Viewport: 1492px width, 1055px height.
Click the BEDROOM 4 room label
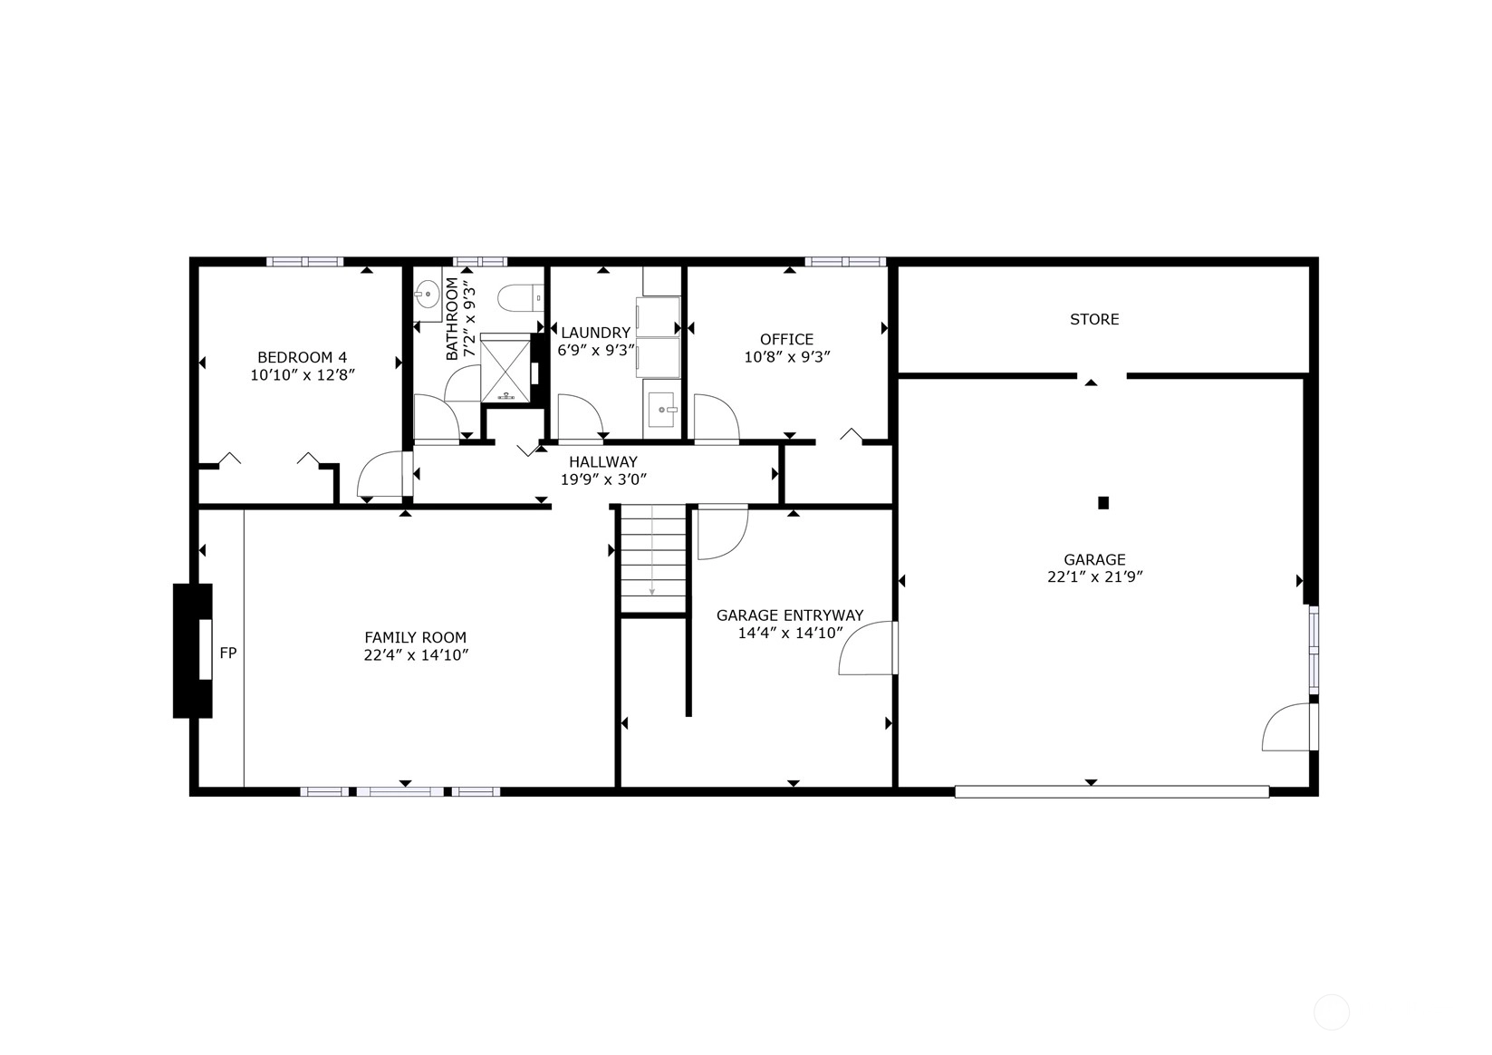(x=303, y=357)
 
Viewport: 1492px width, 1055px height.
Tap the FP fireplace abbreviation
(x=227, y=653)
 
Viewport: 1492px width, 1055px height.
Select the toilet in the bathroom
(x=520, y=298)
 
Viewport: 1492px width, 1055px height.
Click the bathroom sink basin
(x=427, y=294)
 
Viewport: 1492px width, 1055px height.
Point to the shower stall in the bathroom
(x=505, y=368)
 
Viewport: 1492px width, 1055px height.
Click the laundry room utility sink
(x=662, y=409)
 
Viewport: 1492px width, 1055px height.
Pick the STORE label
(x=1094, y=319)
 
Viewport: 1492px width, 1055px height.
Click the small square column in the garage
(x=1103, y=503)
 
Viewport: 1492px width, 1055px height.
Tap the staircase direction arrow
(x=652, y=550)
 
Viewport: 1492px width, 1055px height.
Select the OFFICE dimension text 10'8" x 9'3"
(x=787, y=357)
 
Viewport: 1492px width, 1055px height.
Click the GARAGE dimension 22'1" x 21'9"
(x=1094, y=577)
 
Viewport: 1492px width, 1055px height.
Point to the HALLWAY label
(x=602, y=461)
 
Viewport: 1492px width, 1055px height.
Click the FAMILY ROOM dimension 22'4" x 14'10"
(x=416, y=655)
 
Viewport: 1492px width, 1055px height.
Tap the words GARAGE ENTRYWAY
(x=790, y=615)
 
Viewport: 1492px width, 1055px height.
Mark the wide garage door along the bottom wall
(x=1112, y=792)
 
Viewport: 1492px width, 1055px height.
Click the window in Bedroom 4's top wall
(x=305, y=261)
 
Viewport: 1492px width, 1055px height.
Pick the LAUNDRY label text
(x=595, y=333)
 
